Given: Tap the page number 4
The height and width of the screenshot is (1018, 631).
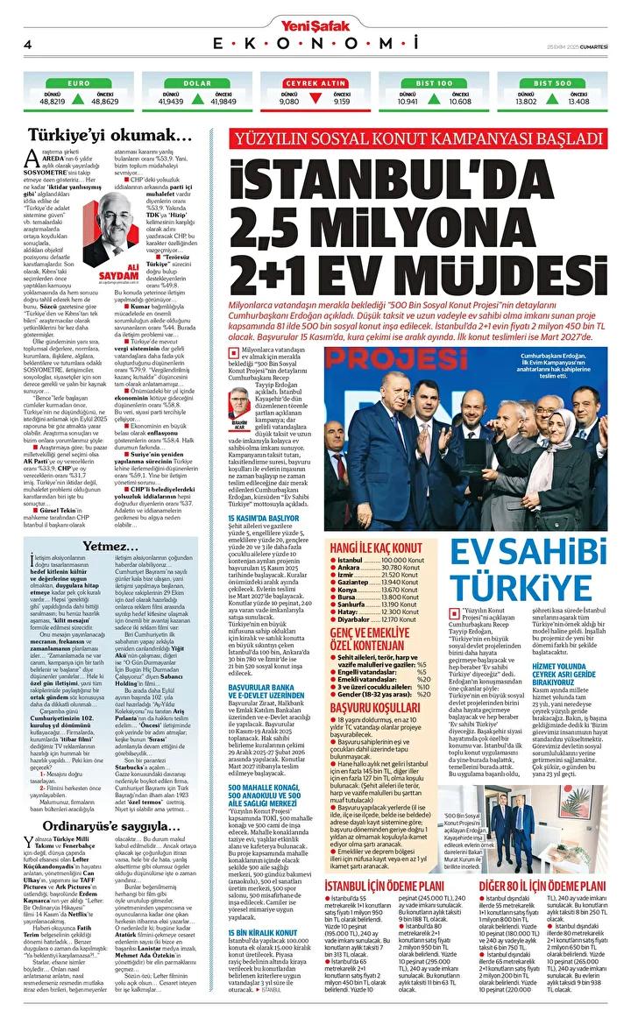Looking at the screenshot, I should (28, 44).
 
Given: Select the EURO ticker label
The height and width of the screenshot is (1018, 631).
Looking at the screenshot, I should (79, 83).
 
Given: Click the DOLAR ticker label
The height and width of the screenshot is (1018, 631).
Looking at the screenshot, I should (198, 83).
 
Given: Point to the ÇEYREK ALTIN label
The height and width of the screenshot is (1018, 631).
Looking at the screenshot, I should (316, 83).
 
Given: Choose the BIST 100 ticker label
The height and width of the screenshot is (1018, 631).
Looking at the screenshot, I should (436, 83).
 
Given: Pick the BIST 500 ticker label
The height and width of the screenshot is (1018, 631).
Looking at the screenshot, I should (555, 83).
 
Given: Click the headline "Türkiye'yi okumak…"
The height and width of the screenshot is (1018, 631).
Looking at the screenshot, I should (110, 135).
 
